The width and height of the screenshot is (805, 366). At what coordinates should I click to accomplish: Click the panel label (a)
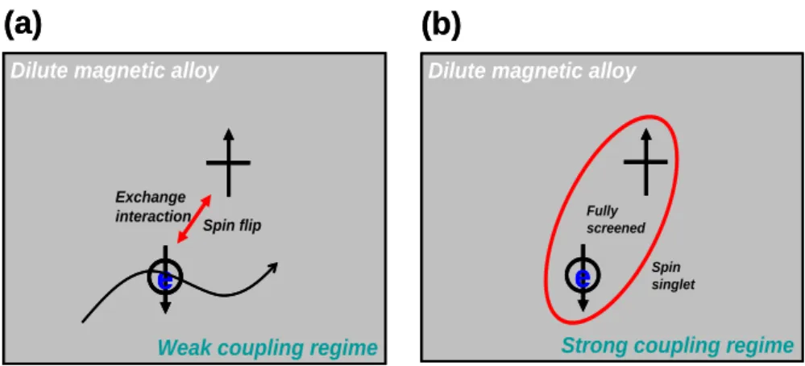pos(23,26)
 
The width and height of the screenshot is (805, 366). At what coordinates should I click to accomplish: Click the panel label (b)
pos(442,26)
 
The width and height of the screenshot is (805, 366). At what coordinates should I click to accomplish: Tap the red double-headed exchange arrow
pos(193,219)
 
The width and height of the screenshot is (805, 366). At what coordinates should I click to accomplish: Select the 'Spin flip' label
pos(232,226)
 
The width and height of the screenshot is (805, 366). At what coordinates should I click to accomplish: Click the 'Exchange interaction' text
pos(152,207)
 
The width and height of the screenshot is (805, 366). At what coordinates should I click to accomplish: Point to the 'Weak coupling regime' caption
pos(268,348)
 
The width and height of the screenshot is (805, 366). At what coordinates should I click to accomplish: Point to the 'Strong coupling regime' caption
pos(677,346)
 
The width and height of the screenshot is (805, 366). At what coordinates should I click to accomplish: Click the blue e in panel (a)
pos(165,281)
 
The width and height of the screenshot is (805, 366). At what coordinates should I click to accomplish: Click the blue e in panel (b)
pos(583,279)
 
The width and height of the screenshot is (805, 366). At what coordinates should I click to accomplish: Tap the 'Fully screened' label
pos(616,219)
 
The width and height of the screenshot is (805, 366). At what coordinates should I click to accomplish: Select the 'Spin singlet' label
pos(673,276)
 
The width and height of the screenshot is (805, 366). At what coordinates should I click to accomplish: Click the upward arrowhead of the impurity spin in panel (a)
pos(229,135)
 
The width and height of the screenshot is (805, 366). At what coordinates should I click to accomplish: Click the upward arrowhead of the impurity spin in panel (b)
pos(645,135)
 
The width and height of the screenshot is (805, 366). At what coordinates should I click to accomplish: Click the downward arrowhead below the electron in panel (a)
pos(165,307)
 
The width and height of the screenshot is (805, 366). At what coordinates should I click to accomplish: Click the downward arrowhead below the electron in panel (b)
pos(583,305)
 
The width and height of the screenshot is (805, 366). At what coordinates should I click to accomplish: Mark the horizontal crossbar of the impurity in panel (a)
pos(229,163)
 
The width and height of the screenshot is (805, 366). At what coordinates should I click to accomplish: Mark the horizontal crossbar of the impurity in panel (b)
pos(645,162)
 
